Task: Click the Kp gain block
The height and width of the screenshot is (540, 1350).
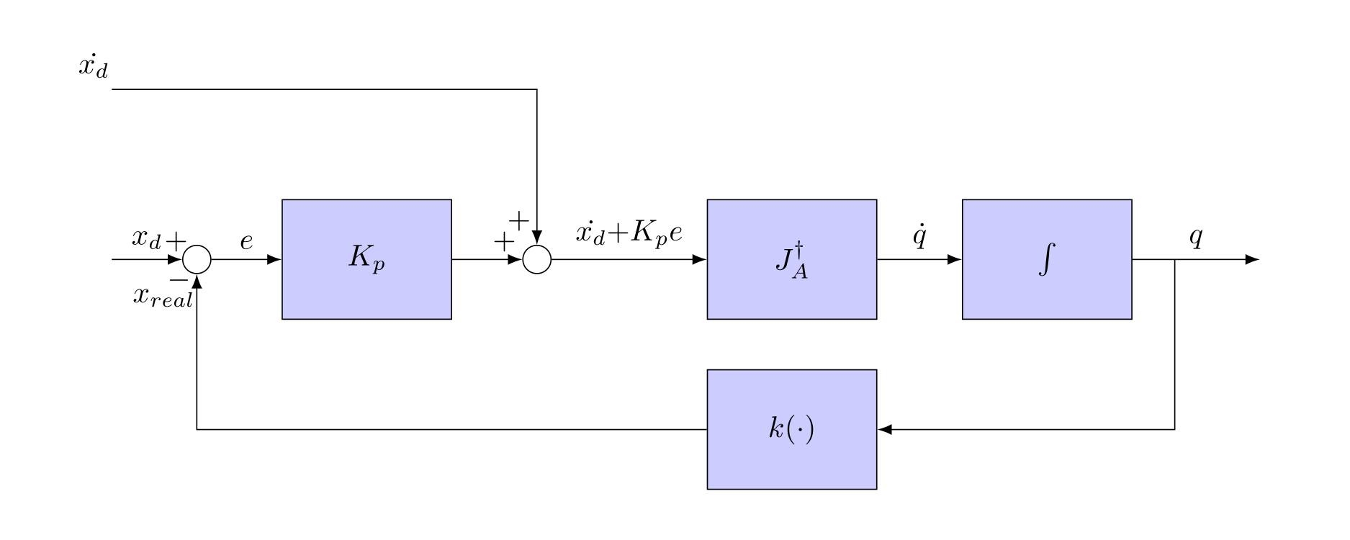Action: [366, 259]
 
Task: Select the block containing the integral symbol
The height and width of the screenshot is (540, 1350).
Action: [1047, 259]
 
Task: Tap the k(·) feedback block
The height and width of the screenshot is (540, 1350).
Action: [791, 430]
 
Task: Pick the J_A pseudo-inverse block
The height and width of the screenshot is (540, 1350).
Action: [791, 259]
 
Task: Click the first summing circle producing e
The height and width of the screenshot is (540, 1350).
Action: [197, 260]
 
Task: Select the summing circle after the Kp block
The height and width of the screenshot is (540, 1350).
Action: [536, 260]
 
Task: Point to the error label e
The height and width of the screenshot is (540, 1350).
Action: [246, 241]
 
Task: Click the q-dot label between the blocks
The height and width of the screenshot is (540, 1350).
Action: [919, 237]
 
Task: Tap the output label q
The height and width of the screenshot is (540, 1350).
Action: [1195, 237]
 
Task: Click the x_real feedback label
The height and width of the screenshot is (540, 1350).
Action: [163, 296]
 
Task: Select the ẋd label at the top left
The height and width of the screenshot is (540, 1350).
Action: [94, 68]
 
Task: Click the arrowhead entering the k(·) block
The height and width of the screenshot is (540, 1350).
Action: [885, 430]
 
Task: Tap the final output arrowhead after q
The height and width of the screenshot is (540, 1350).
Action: [1252, 259]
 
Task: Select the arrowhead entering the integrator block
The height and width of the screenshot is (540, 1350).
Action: [955, 259]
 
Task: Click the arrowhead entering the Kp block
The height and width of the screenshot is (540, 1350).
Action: [274, 259]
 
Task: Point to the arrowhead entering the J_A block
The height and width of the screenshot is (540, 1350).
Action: [699, 259]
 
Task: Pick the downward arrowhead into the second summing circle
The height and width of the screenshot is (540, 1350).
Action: [536, 239]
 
